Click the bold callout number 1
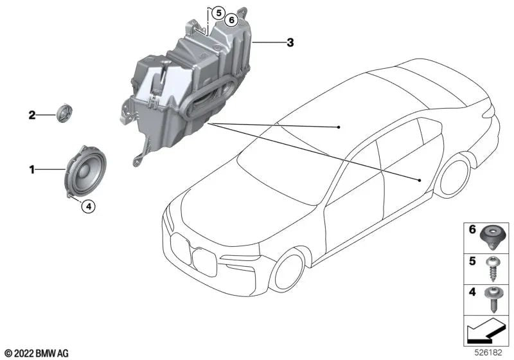(30, 170)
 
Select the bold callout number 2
(30, 116)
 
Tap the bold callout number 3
(290, 43)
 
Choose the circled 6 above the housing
(231, 20)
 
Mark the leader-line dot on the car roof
(339, 128)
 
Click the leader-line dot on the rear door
(420, 181)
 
